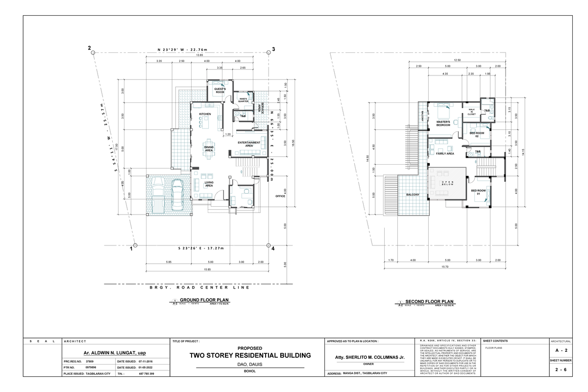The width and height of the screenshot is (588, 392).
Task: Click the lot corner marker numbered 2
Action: pyautogui.click(x=90, y=48)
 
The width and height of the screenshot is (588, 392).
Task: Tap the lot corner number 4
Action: pyautogui.click(x=273, y=248)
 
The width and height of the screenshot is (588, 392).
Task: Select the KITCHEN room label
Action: pyautogui.click(x=205, y=114)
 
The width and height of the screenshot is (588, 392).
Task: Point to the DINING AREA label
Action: pyautogui.click(x=209, y=148)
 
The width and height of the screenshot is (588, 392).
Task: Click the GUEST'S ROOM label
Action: pyautogui.click(x=220, y=91)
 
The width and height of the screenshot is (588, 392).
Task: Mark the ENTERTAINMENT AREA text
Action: pyautogui.click(x=249, y=144)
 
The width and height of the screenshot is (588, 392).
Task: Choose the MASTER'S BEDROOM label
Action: pyautogui.click(x=443, y=123)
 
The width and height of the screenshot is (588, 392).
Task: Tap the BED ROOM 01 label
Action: pyautogui.click(x=478, y=192)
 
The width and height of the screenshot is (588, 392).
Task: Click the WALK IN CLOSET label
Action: pyautogui.click(x=471, y=112)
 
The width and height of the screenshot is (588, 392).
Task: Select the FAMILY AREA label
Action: pyautogui.click(x=445, y=153)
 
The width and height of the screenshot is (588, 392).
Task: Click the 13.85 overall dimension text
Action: pyautogui.click(x=200, y=55)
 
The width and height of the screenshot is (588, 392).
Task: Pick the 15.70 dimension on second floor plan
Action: pyautogui.click(x=445, y=267)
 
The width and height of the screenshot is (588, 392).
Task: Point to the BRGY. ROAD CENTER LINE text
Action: pyautogui.click(x=199, y=287)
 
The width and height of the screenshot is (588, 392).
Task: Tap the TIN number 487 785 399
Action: pyautogui.click(x=147, y=374)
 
